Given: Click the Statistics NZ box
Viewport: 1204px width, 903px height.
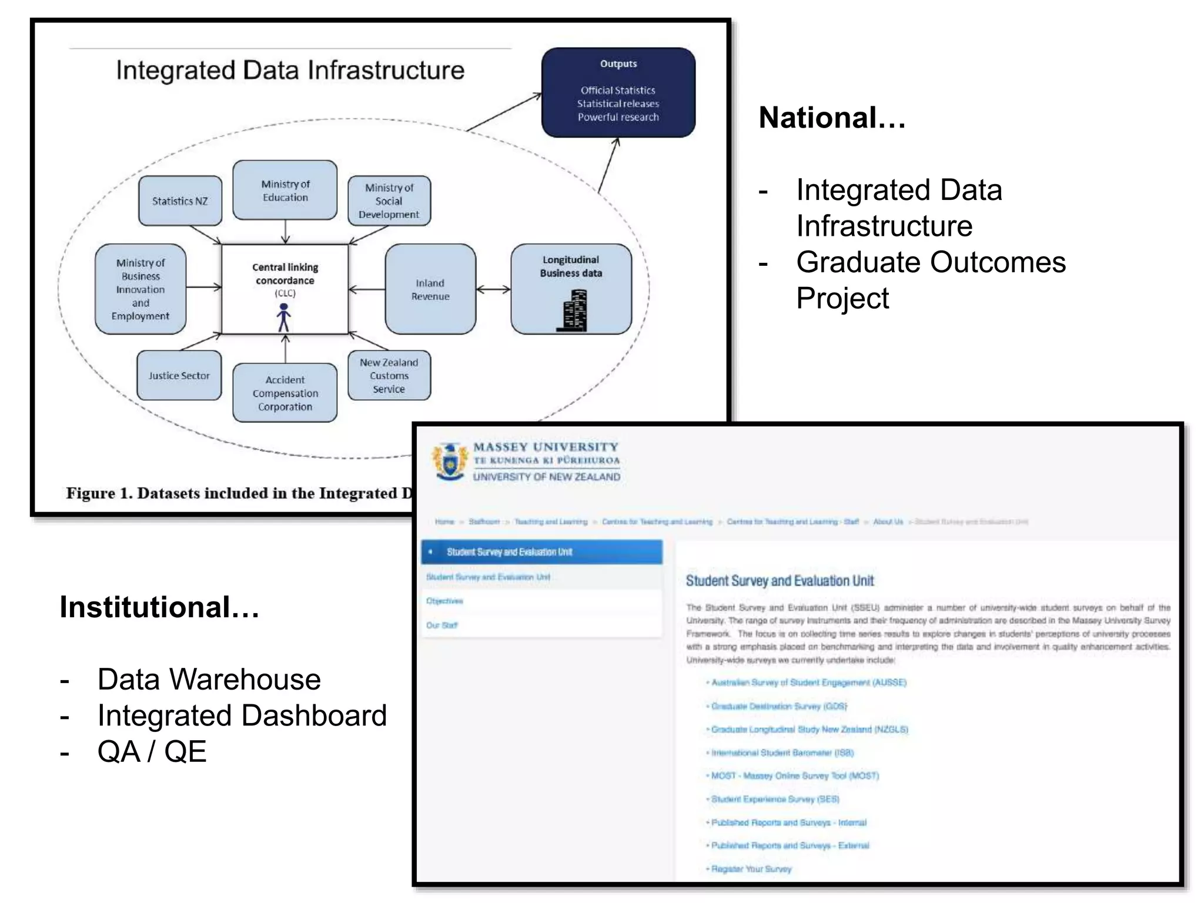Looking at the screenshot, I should pos(180,201).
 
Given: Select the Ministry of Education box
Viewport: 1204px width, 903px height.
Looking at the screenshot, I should pos(285,190).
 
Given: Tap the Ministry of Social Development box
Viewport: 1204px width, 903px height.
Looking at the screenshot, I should pos(389,201).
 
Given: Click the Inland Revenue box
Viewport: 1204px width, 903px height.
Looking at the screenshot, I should pos(430,289).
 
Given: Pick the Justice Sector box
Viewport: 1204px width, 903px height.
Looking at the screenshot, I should pos(179,376).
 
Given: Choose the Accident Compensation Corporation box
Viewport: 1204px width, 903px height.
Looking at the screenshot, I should pos(285,393).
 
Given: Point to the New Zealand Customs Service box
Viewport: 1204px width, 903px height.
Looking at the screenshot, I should pos(389,376).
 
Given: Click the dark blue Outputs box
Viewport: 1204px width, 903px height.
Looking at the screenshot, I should pos(618,93).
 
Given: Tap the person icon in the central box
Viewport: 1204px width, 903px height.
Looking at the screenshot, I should pos(284,317).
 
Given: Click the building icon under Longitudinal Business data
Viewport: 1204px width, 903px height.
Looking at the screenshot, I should pos(573,311).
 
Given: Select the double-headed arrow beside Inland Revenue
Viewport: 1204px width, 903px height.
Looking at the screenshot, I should pos(493,289).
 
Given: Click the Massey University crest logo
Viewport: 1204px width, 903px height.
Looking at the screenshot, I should pos(450,461).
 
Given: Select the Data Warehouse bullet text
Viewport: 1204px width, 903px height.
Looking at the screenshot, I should pos(209,680).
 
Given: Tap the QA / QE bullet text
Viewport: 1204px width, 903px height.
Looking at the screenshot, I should pos(152,751).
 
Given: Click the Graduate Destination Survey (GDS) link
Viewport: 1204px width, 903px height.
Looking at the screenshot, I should pos(780,706).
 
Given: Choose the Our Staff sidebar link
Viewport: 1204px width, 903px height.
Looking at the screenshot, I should pos(442,626).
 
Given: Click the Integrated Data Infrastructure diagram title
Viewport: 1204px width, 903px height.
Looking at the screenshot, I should pos(290,70).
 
